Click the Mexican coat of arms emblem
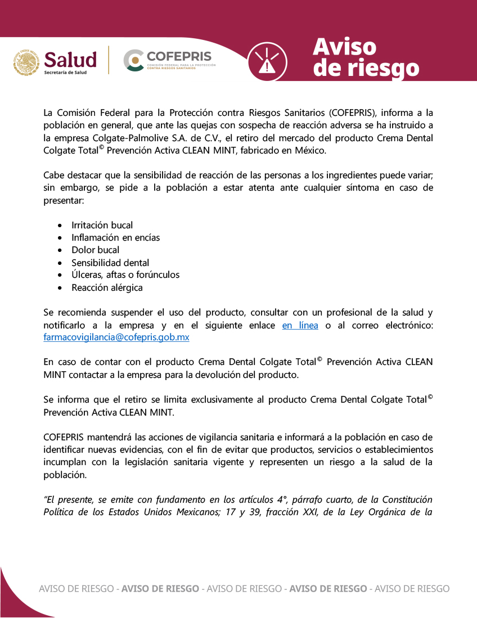[26, 61]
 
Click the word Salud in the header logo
[70, 59]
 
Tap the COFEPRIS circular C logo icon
[133, 60]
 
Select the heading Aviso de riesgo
[366, 58]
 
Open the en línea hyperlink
[300, 326]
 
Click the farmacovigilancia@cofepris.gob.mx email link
[116, 337]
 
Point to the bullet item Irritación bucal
[102, 225]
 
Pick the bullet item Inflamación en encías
[115, 237]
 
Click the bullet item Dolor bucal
[95, 250]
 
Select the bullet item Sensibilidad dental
[110, 263]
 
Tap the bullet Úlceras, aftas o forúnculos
[125, 274]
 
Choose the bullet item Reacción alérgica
[107, 287]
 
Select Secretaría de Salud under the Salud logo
[65, 73]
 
